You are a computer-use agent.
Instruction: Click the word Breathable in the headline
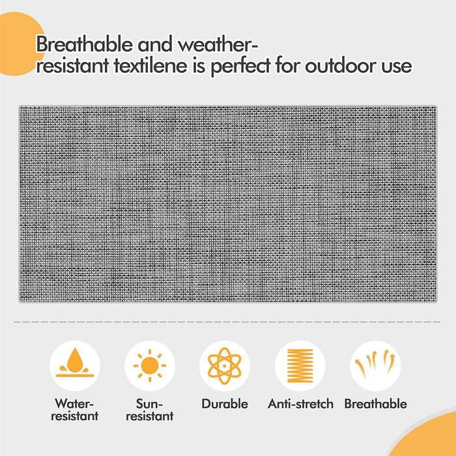80,45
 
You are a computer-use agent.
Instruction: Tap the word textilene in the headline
170,66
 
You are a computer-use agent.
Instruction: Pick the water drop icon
75,365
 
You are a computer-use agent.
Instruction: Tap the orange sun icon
150,365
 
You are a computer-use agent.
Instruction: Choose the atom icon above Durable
225,365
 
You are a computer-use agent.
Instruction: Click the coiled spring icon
300,365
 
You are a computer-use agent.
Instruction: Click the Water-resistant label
76,410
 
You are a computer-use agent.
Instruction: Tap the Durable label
225,404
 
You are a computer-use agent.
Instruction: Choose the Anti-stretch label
300,404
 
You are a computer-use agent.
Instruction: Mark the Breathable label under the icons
376,404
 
